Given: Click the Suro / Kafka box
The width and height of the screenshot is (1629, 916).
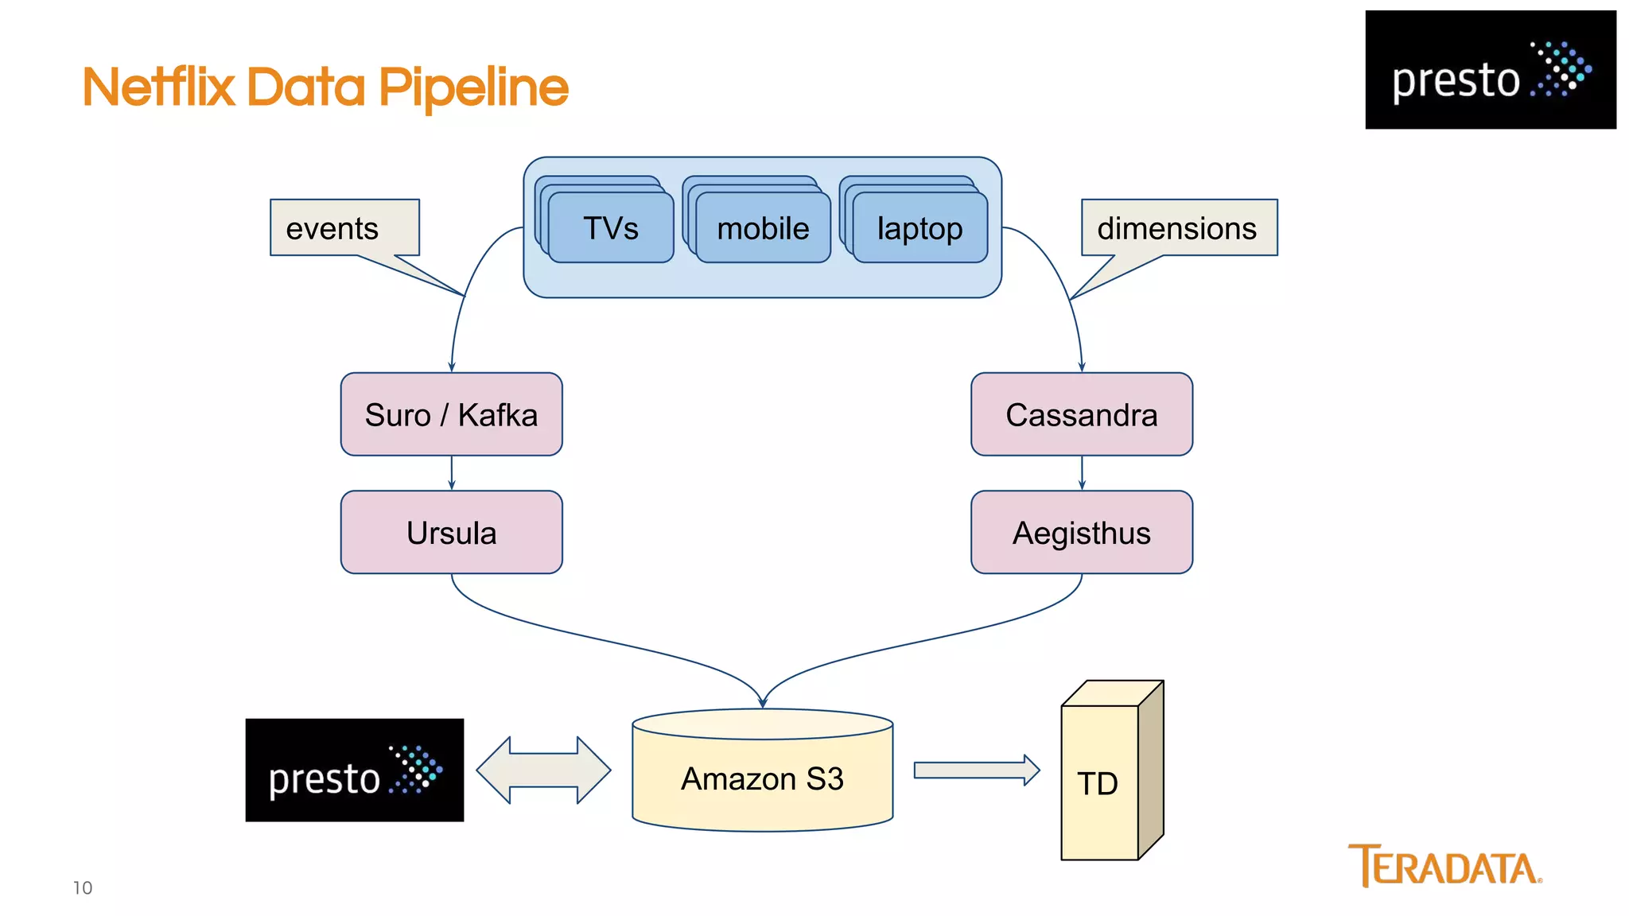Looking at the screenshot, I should point(451,414).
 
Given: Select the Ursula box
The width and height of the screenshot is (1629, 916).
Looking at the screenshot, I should point(451,532).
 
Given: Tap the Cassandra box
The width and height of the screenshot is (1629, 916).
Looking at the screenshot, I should point(1081,414).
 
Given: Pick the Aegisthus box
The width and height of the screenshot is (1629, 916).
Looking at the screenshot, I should point(1081,532).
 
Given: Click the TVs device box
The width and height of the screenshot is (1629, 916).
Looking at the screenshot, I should point(610,228).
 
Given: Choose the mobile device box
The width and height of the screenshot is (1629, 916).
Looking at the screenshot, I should point(763,228).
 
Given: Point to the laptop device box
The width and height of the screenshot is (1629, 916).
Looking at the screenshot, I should point(919,228).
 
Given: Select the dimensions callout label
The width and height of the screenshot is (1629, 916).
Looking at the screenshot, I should point(1178,228).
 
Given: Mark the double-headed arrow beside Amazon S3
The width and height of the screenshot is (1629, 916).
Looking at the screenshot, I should point(543,770).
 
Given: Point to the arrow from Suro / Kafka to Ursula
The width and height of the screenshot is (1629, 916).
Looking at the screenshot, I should point(452,473).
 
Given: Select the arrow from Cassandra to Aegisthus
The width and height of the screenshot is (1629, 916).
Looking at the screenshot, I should point(1082,473).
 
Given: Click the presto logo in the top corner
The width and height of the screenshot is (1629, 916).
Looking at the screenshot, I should point(1490,70).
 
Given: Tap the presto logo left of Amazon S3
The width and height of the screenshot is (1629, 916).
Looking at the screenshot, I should point(354,770).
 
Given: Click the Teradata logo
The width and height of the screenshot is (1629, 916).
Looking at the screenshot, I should point(1444,865).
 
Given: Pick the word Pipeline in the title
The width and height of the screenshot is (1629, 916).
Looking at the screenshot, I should point(473,87).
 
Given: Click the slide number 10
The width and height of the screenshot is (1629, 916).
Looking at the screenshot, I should point(83,888).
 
